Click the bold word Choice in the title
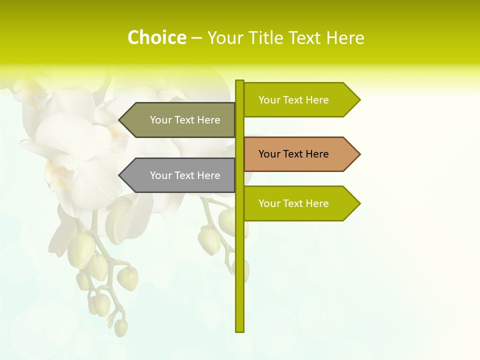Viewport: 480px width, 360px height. point(156,37)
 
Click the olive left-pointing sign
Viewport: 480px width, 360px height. point(180,120)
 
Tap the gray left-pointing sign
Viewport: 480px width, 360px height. point(180,175)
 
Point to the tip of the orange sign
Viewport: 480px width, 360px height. point(359,154)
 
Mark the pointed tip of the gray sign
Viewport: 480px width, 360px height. point(120,175)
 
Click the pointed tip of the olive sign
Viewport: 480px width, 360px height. point(120,120)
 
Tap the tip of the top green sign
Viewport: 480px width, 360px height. point(359,100)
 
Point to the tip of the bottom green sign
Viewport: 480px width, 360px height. point(359,203)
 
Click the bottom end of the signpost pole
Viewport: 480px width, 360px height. point(239,330)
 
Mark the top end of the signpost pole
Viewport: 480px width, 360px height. point(239,81)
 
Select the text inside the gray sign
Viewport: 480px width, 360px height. point(185,175)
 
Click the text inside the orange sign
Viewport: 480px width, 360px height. point(293,154)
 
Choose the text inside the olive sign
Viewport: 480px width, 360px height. point(185,120)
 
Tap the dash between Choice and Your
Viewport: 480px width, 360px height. point(196,38)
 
